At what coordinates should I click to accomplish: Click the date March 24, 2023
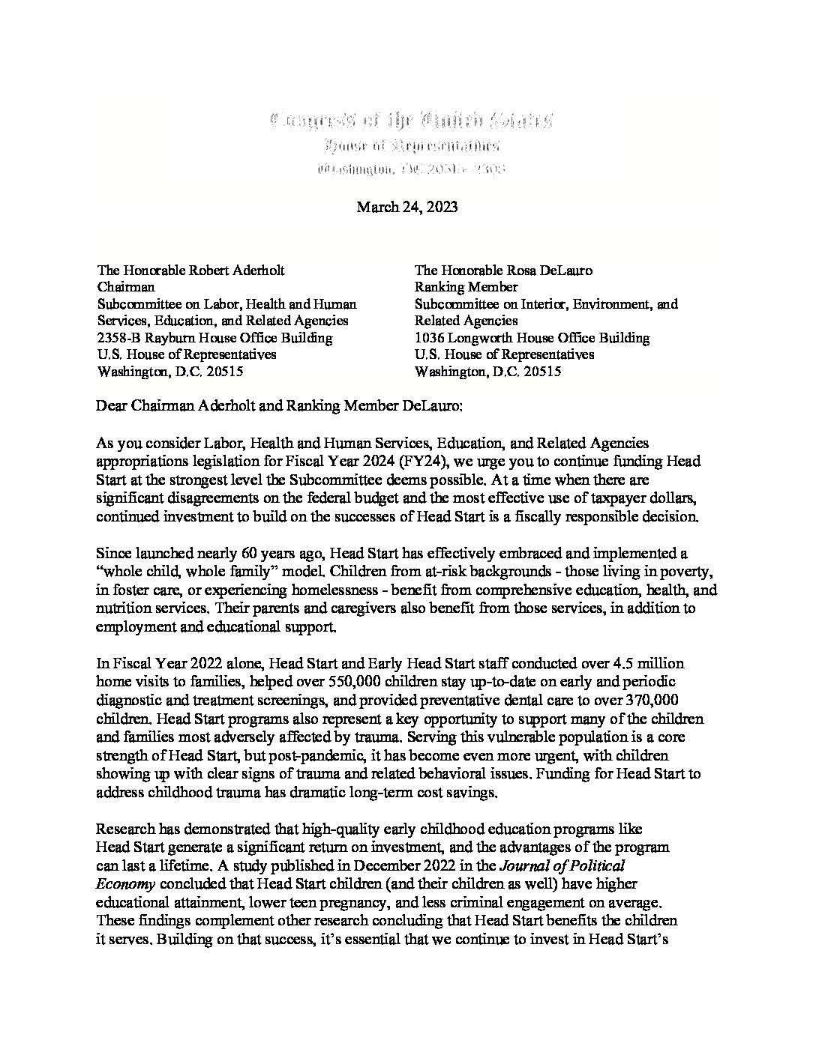click(406, 207)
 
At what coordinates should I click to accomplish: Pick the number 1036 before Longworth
click(430, 337)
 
